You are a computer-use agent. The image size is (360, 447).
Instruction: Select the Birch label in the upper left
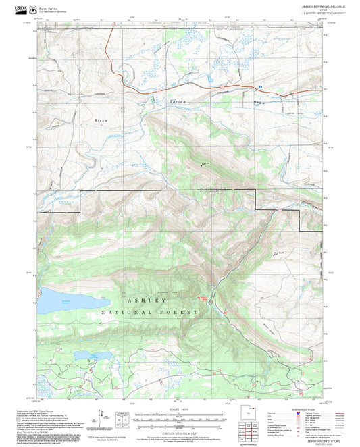point(101,120)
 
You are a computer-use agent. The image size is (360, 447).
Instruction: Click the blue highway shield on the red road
point(259,86)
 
